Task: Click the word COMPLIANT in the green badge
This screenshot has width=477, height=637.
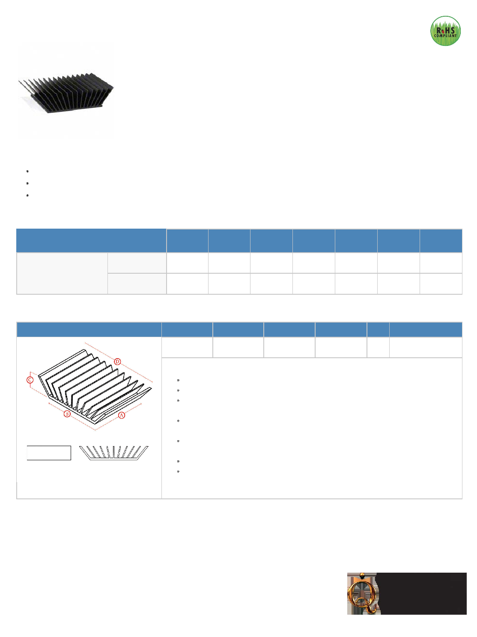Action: tap(445, 36)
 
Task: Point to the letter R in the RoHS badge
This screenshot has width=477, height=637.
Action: tap(439, 30)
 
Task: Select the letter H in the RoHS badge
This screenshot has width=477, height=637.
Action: tap(448, 30)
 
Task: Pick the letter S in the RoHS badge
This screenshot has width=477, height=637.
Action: tap(453, 30)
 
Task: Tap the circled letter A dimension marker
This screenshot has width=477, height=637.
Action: tap(121, 415)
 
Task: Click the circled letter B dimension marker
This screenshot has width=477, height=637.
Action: tap(67, 414)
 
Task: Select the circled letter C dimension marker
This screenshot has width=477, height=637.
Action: tap(30, 380)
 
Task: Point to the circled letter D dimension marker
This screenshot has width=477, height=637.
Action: tap(117, 362)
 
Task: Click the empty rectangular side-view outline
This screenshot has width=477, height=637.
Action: tap(49, 453)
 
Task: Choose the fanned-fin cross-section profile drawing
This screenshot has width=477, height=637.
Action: tap(113, 453)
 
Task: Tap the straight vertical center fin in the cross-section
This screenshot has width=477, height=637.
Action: tap(114, 452)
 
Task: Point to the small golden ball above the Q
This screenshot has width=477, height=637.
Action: tap(362, 576)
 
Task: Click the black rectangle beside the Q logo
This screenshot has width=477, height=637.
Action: tap(421, 594)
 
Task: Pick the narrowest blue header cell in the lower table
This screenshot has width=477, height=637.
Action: tap(378, 330)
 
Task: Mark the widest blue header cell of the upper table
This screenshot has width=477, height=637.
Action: tap(91, 241)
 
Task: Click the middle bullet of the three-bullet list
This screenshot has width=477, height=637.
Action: tap(27, 184)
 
